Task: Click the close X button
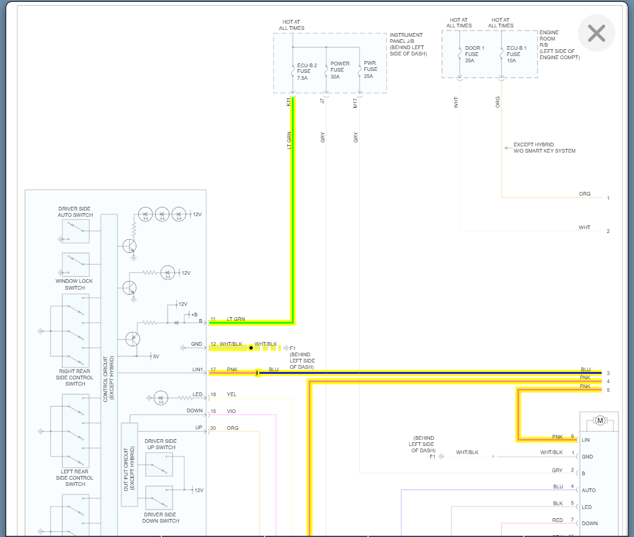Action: pos(596,33)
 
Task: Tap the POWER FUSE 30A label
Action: pos(340,70)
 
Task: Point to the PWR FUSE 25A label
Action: pos(370,70)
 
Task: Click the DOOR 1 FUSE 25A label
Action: pos(474,54)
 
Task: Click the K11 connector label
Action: pos(288,102)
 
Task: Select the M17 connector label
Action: pos(355,103)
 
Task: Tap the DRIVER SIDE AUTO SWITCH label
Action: pos(75,212)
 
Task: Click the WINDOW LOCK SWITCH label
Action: pos(75,285)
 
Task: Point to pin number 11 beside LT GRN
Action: pos(213,319)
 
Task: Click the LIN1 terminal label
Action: pos(197,370)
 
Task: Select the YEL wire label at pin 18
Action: pos(232,394)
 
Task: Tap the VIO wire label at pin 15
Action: pos(232,411)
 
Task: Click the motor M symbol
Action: pos(600,421)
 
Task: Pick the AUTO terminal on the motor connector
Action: pos(589,490)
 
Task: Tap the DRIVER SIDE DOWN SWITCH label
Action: pos(161,518)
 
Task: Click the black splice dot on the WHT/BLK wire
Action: pos(251,348)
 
